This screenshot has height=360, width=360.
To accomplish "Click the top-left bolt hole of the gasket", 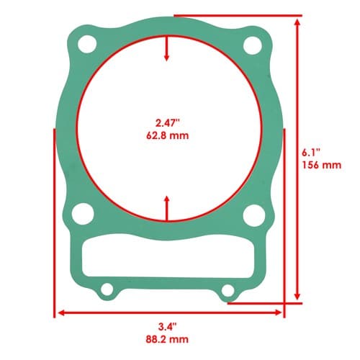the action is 87,44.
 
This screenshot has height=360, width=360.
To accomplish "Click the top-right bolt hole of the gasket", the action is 253,45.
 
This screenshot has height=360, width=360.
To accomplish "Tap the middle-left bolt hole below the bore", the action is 83,214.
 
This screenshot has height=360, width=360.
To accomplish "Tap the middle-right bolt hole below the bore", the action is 254,215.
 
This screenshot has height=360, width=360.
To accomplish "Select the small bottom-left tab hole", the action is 107,289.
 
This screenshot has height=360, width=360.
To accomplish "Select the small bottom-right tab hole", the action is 228,291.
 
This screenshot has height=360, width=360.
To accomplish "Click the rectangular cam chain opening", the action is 168,256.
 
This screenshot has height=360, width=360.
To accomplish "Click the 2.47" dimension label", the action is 167,123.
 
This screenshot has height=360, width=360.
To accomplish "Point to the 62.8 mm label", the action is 168,136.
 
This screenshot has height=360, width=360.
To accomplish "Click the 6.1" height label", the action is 311,152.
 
